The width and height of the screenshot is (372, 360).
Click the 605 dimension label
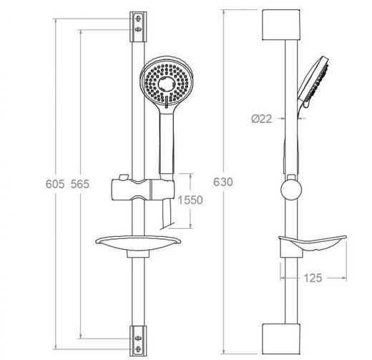(x=55, y=184)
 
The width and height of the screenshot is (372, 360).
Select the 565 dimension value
(x=80, y=184)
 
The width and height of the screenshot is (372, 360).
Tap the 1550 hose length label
(x=190, y=200)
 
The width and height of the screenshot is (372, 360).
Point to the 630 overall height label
(x=223, y=182)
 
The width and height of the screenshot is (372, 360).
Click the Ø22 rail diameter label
(x=262, y=119)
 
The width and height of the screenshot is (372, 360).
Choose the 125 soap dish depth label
(x=313, y=278)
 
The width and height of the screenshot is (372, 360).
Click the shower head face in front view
(x=167, y=83)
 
